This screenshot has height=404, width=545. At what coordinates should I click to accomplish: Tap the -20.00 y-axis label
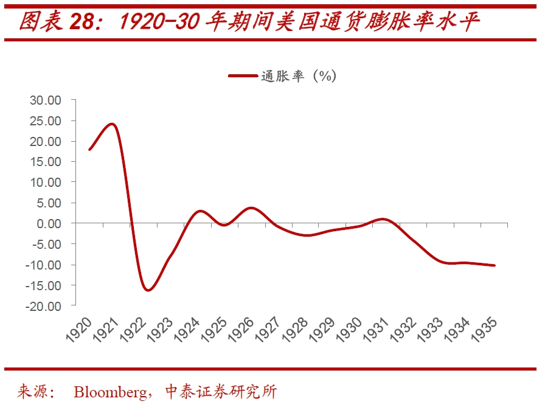pos(43,306)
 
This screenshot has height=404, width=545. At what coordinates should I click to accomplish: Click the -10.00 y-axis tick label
pos(43,265)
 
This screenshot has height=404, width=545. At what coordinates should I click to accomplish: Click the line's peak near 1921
pos(111,124)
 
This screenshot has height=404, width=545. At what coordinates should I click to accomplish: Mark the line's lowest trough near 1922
pos(147,290)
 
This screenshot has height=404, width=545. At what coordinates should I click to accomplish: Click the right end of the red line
pos(494,265)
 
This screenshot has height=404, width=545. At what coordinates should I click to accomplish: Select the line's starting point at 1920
pos(89,149)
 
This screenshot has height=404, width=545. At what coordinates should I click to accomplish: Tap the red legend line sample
pos(243,76)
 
